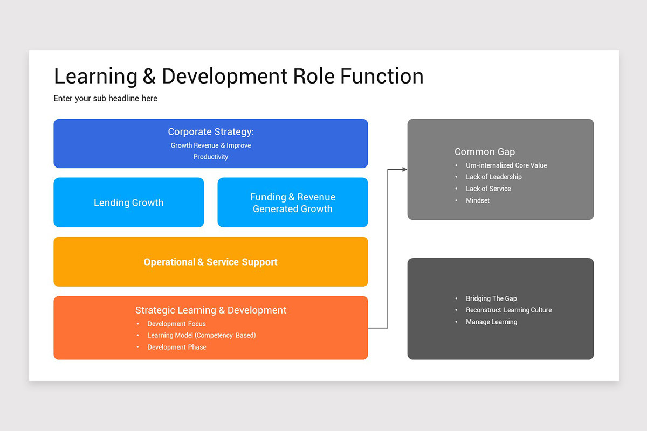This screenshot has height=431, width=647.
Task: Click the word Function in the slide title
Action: pyautogui.click(x=381, y=77)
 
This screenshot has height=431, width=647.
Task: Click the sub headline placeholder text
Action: pyautogui.click(x=106, y=98)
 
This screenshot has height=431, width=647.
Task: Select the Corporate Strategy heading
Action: pyautogui.click(x=210, y=132)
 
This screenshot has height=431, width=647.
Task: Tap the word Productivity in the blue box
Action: pyautogui.click(x=211, y=157)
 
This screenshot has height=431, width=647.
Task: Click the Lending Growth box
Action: pyautogui.click(x=129, y=203)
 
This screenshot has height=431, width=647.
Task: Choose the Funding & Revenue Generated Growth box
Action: pyautogui.click(x=293, y=203)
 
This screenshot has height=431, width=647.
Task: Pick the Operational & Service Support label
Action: pyautogui.click(x=210, y=262)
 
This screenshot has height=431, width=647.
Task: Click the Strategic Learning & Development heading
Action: pyautogui.click(x=210, y=310)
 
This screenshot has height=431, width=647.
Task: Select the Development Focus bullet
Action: pyautogui.click(x=176, y=324)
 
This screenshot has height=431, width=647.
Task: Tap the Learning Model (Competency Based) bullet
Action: pyautogui.click(x=201, y=335)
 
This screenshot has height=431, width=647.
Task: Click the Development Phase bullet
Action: pyautogui.click(x=176, y=347)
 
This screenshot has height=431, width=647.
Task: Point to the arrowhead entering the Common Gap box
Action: pyautogui.click(x=404, y=169)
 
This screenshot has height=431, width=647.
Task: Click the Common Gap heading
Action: pyautogui.click(x=485, y=152)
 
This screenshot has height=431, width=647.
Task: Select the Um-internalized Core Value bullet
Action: pyautogui.click(x=506, y=165)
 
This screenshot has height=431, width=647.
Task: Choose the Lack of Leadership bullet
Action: pyautogui.click(x=493, y=177)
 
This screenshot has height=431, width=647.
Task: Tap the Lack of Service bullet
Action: pyautogui.click(x=488, y=189)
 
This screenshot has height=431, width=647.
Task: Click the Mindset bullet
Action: pyautogui.click(x=478, y=200)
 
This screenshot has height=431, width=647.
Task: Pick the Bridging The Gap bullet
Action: pyautogui.click(x=491, y=298)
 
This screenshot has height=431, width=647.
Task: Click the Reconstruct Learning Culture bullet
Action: pyautogui.click(x=508, y=310)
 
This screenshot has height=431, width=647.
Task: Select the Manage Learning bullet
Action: pyautogui.click(x=491, y=322)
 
